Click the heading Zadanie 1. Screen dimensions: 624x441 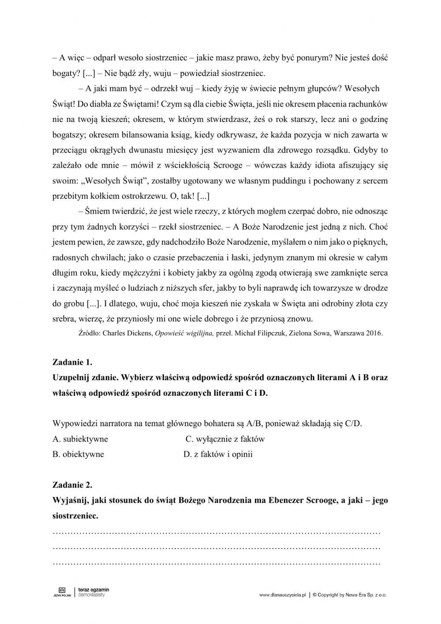(x=72, y=363)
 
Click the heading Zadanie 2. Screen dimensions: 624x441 (x=72, y=485)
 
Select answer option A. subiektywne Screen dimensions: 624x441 (x=80, y=439)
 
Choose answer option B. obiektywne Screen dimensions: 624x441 (x=78, y=454)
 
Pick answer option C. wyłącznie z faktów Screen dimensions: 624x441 (x=225, y=439)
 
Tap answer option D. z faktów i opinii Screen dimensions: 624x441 (x=218, y=454)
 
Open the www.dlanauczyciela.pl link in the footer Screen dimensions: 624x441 (x=282, y=595)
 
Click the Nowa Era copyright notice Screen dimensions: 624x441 (x=349, y=595)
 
